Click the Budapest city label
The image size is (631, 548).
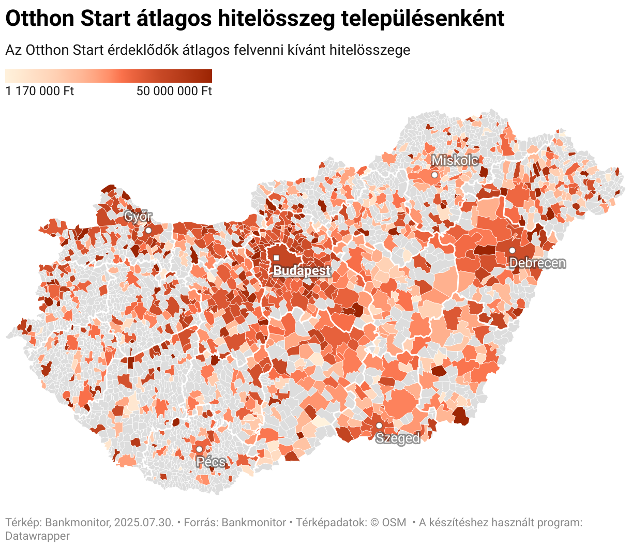tap(302, 271)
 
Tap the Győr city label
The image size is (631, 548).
tap(138, 217)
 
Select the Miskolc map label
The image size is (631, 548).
tap(455, 160)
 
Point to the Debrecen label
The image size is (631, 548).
tap(537, 263)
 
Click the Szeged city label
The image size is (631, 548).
tap(397, 438)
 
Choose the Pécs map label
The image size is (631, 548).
tap(211, 462)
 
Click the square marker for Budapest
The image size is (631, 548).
tap(276, 257)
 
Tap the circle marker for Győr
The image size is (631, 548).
tap(148, 230)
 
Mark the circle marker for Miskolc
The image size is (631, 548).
tap(434, 175)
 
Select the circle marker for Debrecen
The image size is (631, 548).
tap(512, 250)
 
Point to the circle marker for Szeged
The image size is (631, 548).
tap(379, 425)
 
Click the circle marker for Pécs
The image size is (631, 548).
tap(199, 449)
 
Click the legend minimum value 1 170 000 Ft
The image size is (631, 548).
tap(40, 92)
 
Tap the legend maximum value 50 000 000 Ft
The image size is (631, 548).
tap(174, 92)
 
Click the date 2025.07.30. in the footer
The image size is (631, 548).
tap(144, 523)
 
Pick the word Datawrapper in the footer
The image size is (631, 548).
tap(37, 536)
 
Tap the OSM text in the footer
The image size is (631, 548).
tap(394, 523)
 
